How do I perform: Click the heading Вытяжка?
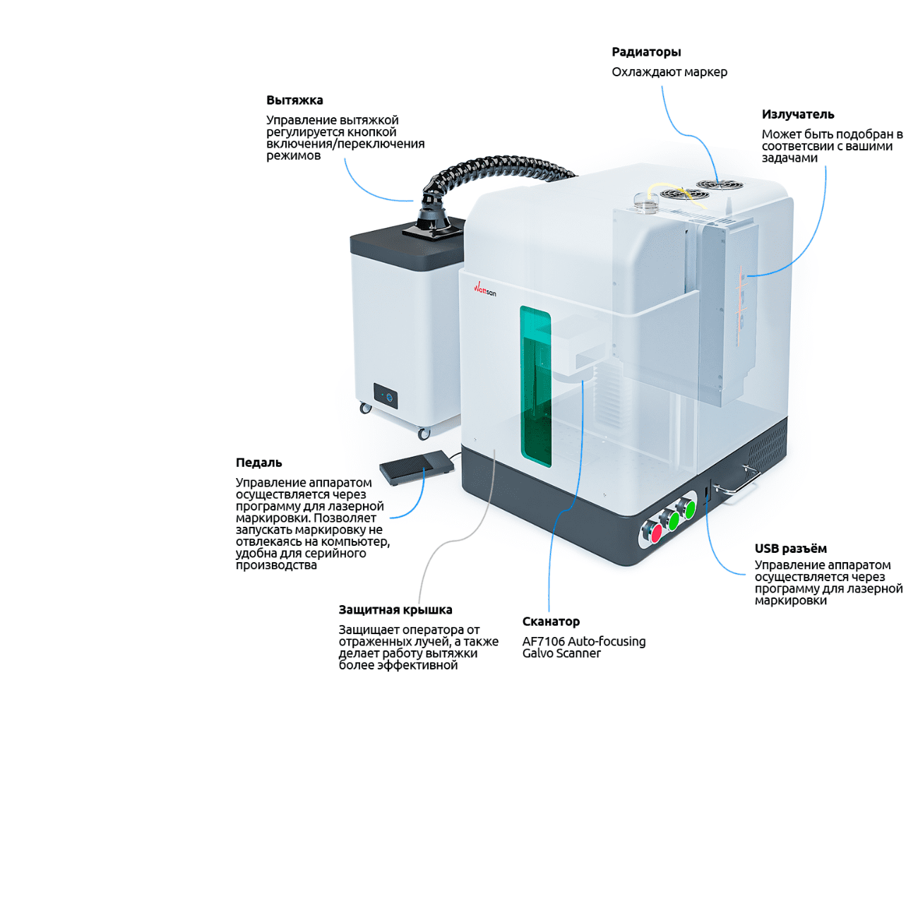(294, 100)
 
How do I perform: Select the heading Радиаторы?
(646, 52)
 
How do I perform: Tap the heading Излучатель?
(797, 114)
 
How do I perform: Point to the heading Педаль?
(258, 463)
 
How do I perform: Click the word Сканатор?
(551, 621)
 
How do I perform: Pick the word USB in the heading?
(767, 549)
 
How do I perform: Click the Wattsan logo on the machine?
(484, 289)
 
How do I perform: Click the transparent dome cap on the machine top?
(645, 202)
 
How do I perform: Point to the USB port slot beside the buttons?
(707, 489)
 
